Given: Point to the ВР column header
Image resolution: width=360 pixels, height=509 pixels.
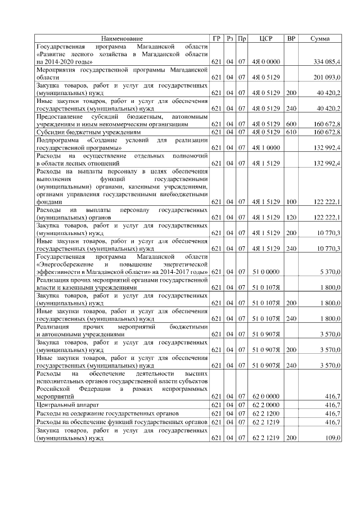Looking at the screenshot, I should click(291, 38).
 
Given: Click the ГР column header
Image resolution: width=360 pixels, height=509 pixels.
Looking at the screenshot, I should click(217, 38).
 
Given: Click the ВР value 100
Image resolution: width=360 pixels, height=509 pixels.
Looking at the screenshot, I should click(291, 201).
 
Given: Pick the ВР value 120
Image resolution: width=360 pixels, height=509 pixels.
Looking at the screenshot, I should click(291, 217).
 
